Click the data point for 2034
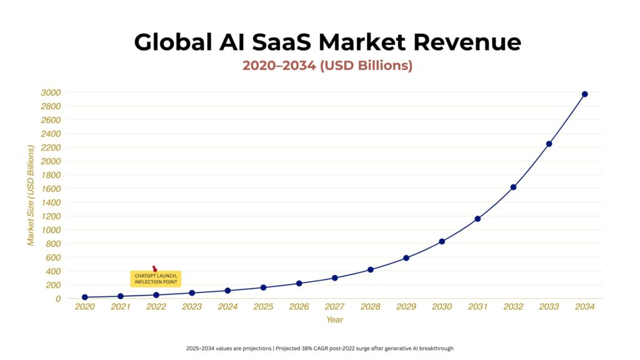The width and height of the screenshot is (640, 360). click(584, 94)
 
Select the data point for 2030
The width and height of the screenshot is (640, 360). click(442, 241)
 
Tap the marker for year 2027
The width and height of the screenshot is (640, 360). click(334, 278)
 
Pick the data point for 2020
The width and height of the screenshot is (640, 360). click(84, 297)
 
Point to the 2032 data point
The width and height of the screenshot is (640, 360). click(513, 187)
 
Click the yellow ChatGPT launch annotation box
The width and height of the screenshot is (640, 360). click(156, 279)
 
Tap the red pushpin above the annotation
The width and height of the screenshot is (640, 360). click(154, 269)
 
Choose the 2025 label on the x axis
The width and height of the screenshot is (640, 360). click(263, 307)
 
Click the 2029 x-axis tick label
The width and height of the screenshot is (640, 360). click(406, 307)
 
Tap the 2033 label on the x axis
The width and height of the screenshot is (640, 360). click(549, 307)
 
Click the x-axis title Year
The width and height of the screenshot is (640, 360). click(334, 320)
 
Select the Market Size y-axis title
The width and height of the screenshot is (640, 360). click(31, 195)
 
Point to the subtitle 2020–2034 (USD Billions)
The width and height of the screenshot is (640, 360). click(327, 66)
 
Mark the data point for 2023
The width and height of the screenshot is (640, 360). click(192, 292)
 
